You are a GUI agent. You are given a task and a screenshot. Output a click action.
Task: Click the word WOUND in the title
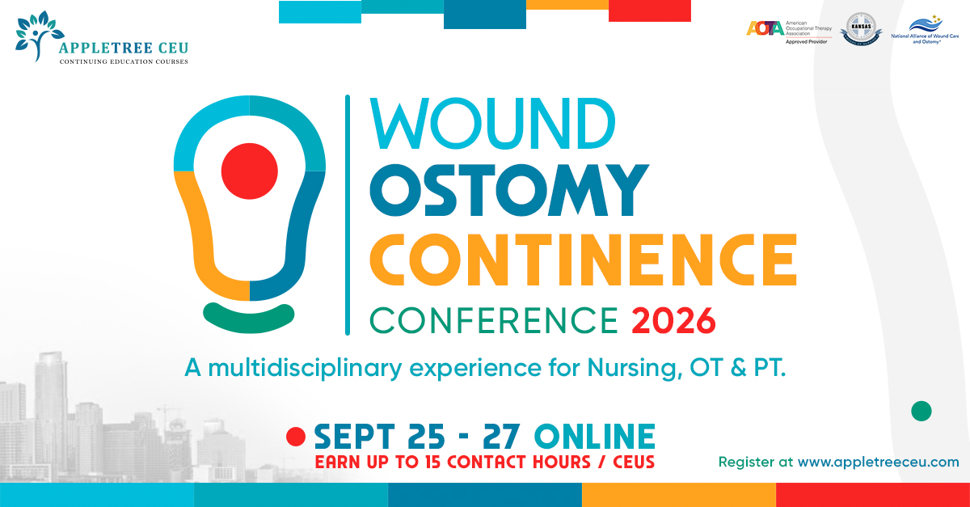(491, 123)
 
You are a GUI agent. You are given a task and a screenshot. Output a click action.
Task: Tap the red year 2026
(673, 320)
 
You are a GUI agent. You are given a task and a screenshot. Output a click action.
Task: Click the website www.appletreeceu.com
(878, 463)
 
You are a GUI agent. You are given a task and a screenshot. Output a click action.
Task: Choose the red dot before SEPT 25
(295, 437)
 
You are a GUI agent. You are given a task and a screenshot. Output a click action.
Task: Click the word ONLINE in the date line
(595, 437)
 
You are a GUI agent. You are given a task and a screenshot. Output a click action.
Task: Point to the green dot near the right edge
(921, 411)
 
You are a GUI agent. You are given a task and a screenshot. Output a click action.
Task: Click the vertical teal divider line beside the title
(348, 214)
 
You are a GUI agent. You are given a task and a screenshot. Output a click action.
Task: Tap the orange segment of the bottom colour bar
(679, 495)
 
